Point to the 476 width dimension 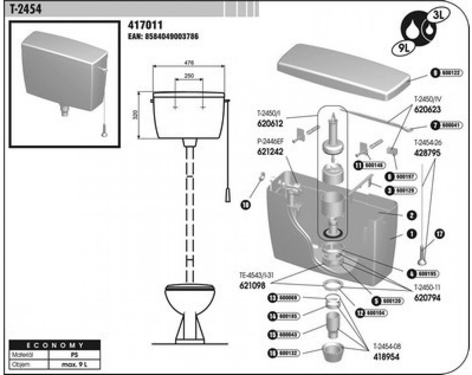[x=189, y=62]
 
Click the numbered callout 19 [x=245, y=205]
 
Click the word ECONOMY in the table [x=55, y=345]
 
